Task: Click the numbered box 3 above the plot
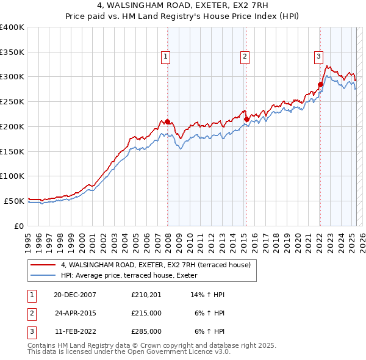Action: (318, 57)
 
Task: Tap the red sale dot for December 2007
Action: (167, 121)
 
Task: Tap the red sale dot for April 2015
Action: (246, 119)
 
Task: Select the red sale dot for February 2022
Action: (320, 84)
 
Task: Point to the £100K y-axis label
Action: (12, 176)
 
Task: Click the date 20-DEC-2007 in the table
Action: (75, 295)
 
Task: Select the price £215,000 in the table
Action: (146, 313)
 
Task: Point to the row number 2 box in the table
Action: (31, 313)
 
